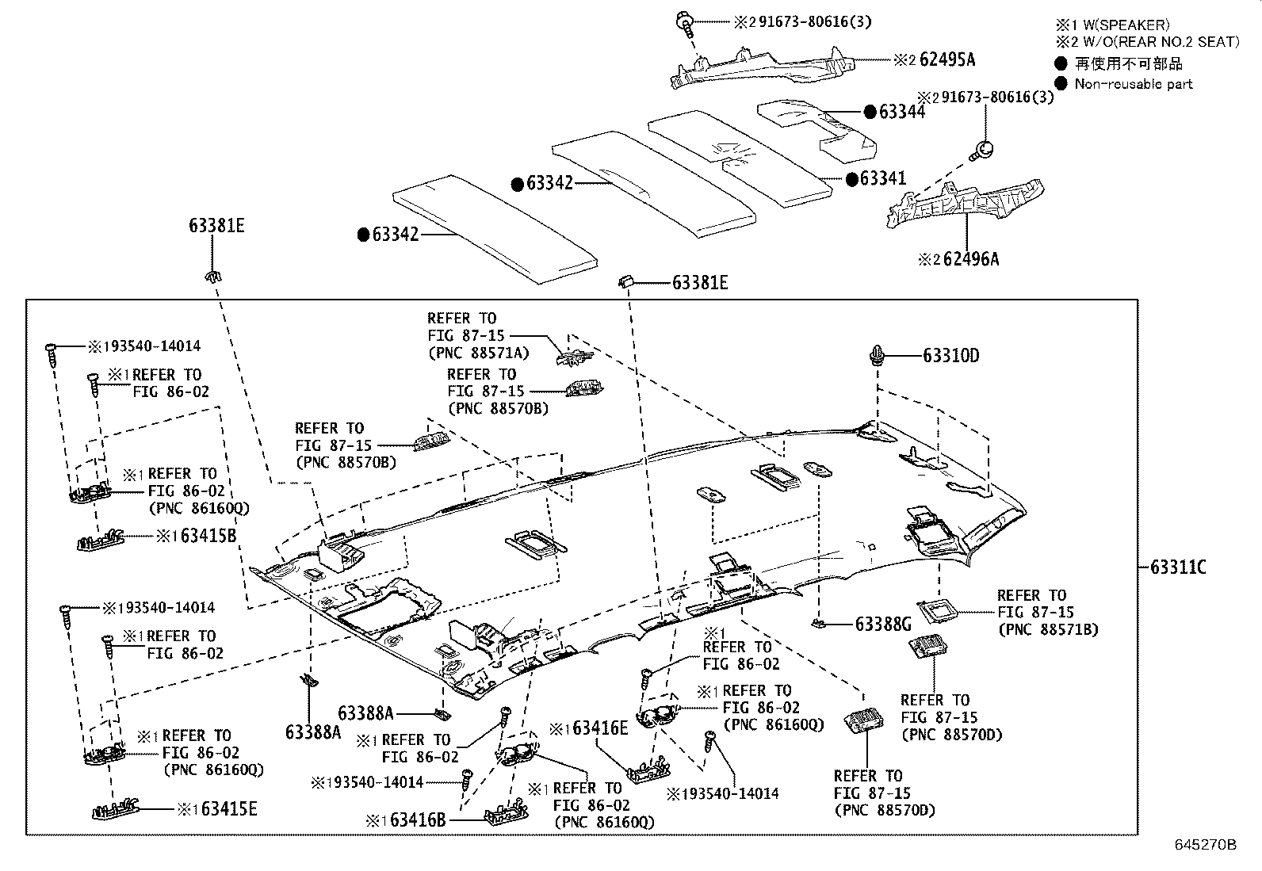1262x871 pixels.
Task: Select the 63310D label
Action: click(950, 356)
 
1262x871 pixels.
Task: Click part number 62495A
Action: click(946, 59)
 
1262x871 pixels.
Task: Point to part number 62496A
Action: click(970, 259)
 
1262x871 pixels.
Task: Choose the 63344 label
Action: click(901, 112)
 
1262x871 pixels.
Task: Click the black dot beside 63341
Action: click(852, 179)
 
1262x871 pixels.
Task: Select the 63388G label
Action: click(883, 625)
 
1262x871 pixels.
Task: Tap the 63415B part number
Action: click(208, 536)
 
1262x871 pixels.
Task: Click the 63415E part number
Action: click(229, 809)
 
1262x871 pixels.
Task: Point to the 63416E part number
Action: click(600, 728)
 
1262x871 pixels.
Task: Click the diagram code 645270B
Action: click(1205, 845)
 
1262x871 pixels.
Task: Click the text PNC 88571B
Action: click(1047, 629)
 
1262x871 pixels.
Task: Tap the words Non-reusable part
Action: click(1133, 84)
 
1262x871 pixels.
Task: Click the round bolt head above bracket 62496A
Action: click(984, 148)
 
